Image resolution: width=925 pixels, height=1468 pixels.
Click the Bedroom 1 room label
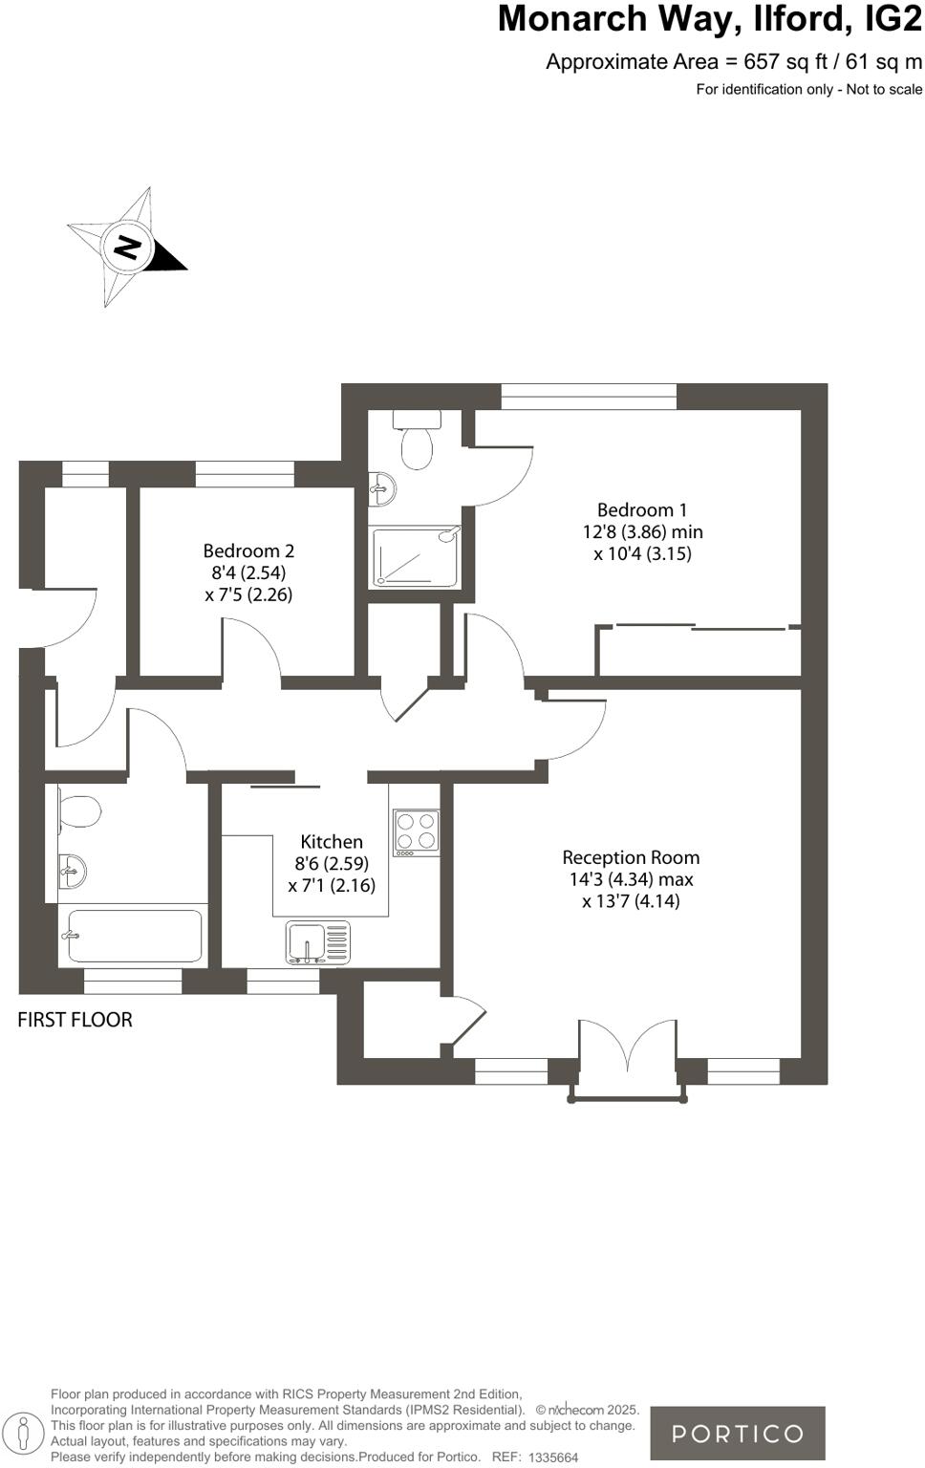click(x=641, y=510)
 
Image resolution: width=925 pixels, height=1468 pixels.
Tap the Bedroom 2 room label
click(x=248, y=550)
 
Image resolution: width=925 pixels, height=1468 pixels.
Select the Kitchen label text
click(x=332, y=842)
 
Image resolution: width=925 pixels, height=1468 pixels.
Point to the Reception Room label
click(x=631, y=857)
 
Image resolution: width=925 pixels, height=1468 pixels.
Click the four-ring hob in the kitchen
click(x=416, y=831)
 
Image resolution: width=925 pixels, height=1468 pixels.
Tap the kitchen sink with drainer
click(x=318, y=942)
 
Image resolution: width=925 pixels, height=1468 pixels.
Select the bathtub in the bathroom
click(x=133, y=936)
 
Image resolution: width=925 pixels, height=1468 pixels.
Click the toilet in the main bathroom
click(x=78, y=812)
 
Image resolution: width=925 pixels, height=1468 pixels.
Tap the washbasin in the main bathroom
click(x=72, y=871)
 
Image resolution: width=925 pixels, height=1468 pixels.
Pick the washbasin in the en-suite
click(x=382, y=489)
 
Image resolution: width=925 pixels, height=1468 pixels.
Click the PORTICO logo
click(x=737, y=1434)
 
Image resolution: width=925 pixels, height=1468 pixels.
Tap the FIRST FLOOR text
click(x=75, y=1020)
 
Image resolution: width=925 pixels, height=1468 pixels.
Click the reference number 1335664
click(x=553, y=1457)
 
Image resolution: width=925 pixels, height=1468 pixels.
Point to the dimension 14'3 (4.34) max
click(x=631, y=879)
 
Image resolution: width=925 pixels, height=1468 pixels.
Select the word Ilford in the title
click(x=789, y=19)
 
